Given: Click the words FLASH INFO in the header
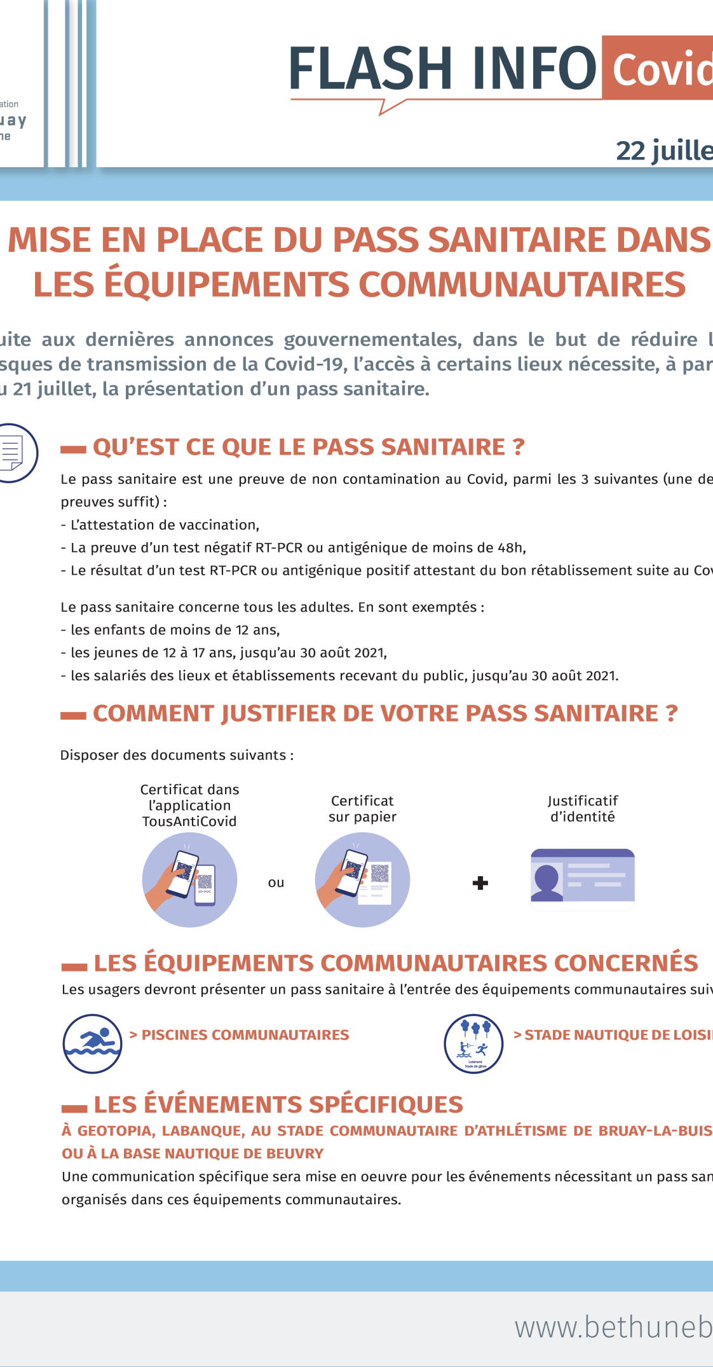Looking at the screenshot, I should pyautogui.click(x=442, y=69).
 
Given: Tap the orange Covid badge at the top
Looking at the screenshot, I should pyautogui.click(x=661, y=69).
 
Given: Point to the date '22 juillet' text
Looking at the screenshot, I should pyautogui.click(x=664, y=151).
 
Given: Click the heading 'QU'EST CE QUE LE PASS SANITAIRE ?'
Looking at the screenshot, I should pyautogui.click(x=309, y=447).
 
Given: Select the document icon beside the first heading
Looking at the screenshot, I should pyautogui.click(x=13, y=453).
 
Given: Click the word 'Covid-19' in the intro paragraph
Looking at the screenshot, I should pyautogui.click(x=306, y=364).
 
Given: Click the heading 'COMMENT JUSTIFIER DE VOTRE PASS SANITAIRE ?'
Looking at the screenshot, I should pyautogui.click(x=385, y=713).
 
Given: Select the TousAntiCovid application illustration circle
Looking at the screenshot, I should pyautogui.click(x=189, y=880).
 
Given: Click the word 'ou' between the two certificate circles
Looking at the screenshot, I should pyautogui.click(x=276, y=883).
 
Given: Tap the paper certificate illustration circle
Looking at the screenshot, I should pyautogui.click(x=362, y=880).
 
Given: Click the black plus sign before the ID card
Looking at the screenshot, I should pyautogui.click(x=480, y=883).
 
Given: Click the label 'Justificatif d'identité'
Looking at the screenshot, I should pyautogui.click(x=583, y=809).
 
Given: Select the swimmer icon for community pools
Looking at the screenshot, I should pyautogui.click(x=92, y=1043).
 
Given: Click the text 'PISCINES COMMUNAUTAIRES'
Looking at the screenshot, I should pyautogui.click(x=245, y=1035).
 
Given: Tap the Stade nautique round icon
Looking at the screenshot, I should pyautogui.click(x=473, y=1043).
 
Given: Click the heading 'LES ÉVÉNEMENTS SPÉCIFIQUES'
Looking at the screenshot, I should pyautogui.click(x=278, y=1105).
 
